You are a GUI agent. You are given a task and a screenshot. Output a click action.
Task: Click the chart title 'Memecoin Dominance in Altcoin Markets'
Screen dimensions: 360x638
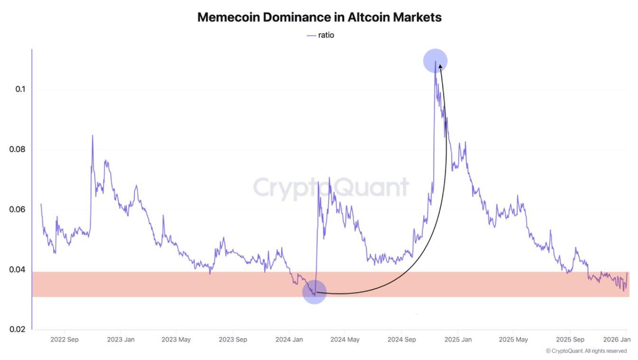pyautogui.click(x=319, y=18)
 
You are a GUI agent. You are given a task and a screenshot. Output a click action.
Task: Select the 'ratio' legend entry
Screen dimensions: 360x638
pyautogui.click(x=326, y=35)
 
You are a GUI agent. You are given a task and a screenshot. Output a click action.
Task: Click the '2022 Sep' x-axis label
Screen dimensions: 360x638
pyautogui.click(x=64, y=340)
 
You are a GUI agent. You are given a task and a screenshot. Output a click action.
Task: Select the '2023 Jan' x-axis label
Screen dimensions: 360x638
pyautogui.click(x=121, y=340)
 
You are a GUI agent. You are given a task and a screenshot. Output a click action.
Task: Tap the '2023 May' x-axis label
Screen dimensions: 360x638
pyautogui.click(x=176, y=340)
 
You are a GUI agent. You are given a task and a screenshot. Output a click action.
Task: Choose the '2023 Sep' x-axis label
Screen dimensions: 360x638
pyautogui.click(x=233, y=340)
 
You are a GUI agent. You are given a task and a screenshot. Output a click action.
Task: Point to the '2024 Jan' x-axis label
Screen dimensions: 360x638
pyautogui.click(x=289, y=340)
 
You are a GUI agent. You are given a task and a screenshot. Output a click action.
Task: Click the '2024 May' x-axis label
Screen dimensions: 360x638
pyautogui.click(x=345, y=340)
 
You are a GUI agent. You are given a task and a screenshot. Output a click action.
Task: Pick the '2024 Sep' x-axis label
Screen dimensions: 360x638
pyautogui.click(x=401, y=340)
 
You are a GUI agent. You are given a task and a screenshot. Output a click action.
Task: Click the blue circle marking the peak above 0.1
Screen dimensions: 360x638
pyautogui.click(x=435, y=61)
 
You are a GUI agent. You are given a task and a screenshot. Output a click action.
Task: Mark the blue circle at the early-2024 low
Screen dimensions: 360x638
pyautogui.click(x=314, y=292)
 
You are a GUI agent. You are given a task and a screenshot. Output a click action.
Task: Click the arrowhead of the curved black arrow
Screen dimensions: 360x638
pyautogui.click(x=440, y=66)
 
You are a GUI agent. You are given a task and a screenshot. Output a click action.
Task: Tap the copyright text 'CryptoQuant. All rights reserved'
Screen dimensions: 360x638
pyautogui.click(x=589, y=351)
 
